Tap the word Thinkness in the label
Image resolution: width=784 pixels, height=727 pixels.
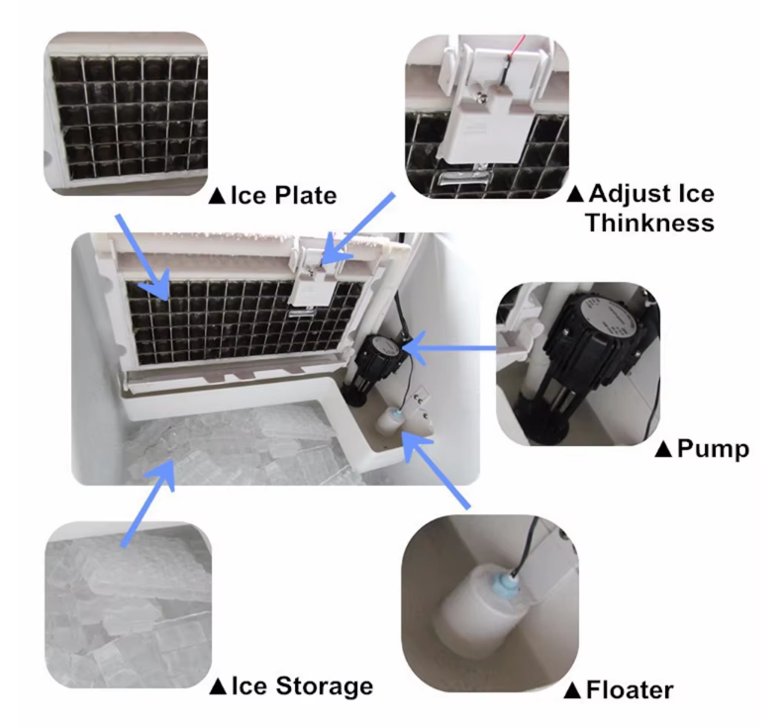click(x=649, y=223)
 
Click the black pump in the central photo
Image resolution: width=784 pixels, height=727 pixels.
click(x=379, y=356)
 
